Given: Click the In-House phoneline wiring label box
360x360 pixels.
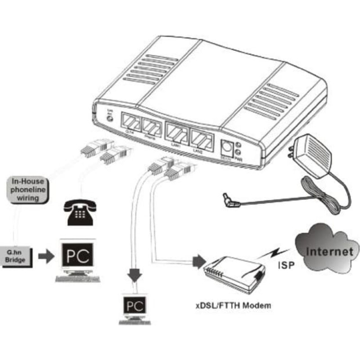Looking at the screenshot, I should coord(28,190).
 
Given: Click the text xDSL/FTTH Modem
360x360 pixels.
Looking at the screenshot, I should coord(234,306).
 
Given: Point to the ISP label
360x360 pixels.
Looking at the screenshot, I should coord(286,265).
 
